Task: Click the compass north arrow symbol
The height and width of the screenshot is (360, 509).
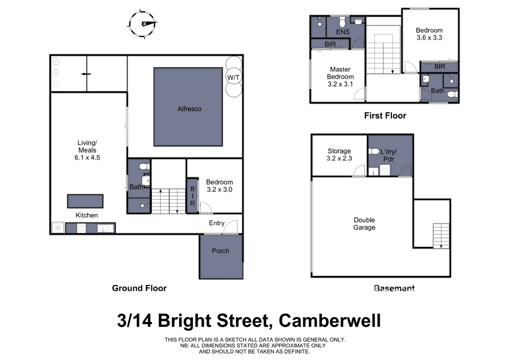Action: click(x=143, y=24)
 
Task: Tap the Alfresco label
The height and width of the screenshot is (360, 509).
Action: click(x=189, y=109)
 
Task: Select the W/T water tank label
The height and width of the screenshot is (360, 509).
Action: click(x=233, y=77)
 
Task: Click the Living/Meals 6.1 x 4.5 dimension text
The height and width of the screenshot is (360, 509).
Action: click(x=87, y=158)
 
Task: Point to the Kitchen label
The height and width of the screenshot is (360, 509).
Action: click(x=87, y=215)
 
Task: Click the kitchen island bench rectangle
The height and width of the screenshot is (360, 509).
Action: click(x=85, y=201)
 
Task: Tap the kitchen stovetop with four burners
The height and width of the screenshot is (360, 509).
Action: click(x=81, y=228)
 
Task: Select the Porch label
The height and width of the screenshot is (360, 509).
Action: click(x=220, y=251)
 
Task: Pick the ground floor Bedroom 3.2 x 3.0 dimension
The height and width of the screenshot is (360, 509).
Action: click(x=219, y=190)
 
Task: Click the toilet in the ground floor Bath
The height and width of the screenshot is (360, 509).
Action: click(x=145, y=166)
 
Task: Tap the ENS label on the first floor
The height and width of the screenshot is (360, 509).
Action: click(x=343, y=32)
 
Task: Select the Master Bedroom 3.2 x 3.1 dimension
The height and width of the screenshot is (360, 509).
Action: click(x=340, y=84)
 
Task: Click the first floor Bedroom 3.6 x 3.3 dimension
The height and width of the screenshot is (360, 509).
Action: click(x=429, y=38)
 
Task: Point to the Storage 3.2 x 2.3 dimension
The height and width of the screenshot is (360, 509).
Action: click(x=339, y=158)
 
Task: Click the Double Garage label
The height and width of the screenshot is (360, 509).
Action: click(x=364, y=224)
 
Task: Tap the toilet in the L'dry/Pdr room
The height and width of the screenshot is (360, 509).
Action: click(x=374, y=151)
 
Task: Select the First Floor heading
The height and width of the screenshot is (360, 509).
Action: click(x=385, y=116)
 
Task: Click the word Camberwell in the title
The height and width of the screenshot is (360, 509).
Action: click(x=329, y=321)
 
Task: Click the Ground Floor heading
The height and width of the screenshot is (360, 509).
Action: click(x=139, y=288)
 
